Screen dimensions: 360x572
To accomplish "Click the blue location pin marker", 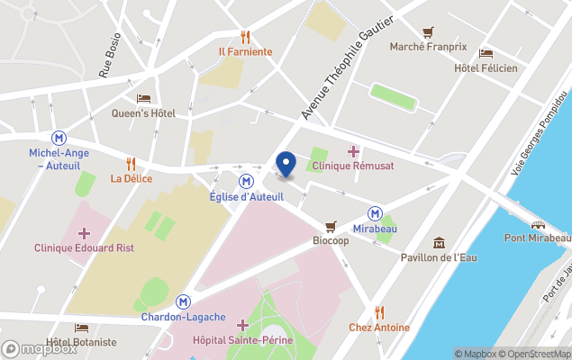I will click(x=286, y=165).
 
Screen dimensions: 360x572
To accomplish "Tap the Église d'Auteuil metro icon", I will click(x=245, y=180).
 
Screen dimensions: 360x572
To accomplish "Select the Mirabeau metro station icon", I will click(x=375, y=213).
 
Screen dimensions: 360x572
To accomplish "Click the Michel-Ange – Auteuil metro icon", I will click(x=59, y=138).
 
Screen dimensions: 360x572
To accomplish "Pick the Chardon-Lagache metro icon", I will click(x=183, y=302).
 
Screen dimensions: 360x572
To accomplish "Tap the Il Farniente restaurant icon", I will click(x=245, y=37).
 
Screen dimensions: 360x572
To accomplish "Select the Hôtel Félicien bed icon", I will click(x=486, y=54).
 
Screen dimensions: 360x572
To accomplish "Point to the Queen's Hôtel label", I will click(x=143, y=113).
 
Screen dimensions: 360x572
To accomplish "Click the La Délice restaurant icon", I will click(x=131, y=164).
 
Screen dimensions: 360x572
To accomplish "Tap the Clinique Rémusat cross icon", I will click(x=353, y=150).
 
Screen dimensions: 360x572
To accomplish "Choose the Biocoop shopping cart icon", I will click(x=331, y=227).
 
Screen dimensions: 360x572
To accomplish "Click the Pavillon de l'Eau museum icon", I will click(x=439, y=243).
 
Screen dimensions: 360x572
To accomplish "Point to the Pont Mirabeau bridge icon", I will click(x=538, y=225).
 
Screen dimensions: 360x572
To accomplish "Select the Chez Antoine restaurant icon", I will click(x=379, y=312).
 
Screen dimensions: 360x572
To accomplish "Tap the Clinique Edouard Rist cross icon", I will click(x=84, y=233).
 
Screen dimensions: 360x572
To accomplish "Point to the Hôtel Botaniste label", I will click(x=81, y=342).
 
